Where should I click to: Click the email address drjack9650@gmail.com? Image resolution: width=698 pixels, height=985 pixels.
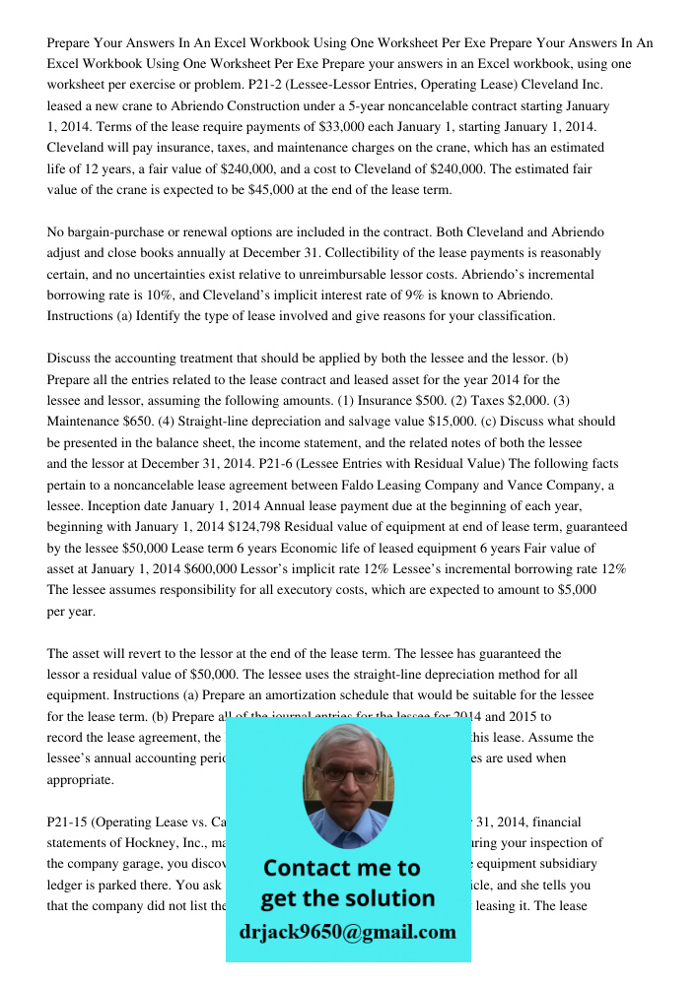pyautogui.click(x=347, y=932)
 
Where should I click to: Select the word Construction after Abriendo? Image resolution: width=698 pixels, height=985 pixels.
pyautogui.click(x=274, y=105)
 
